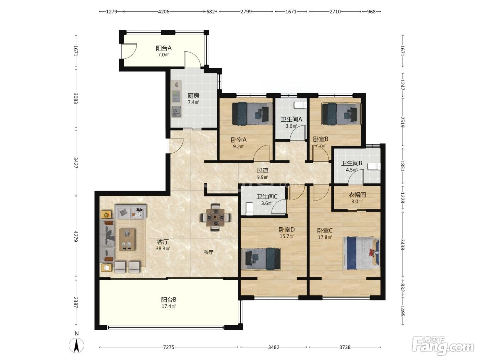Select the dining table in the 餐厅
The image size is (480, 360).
(216, 217)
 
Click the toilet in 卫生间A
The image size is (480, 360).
(300, 105)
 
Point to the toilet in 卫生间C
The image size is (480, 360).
(249, 208)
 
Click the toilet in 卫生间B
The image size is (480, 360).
(374, 166)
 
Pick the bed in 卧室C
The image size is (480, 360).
(361, 253)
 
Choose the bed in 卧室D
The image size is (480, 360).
(261, 259)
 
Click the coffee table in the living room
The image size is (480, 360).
(127, 240)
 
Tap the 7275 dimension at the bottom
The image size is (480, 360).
(169, 347)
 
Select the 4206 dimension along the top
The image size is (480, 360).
(164, 12)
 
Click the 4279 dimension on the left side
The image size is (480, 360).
(76, 236)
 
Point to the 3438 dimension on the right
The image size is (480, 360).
(403, 245)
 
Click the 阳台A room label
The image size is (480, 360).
(164, 48)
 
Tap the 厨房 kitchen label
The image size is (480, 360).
(193, 96)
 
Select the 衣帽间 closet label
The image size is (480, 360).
(357, 195)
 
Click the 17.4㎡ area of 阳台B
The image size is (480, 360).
(169, 306)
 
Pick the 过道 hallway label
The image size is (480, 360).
(262, 170)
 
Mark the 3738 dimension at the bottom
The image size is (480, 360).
(345, 347)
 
